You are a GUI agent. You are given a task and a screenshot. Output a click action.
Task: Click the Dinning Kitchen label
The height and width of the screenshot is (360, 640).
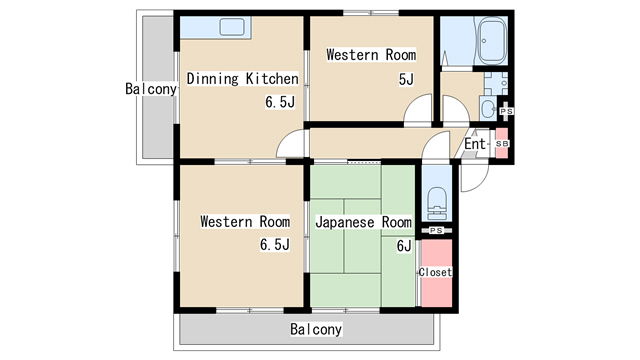pyautogui.click(x=242, y=79)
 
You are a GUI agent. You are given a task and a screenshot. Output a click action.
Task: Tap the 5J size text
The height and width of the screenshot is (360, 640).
pyautogui.click(x=406, y=79)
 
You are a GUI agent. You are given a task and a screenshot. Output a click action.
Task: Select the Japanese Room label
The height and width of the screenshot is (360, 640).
pyautogui.click(x=363, y=222)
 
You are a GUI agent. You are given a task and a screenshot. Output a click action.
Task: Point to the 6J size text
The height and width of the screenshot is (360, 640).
pyautogui.click(x=404, y=246)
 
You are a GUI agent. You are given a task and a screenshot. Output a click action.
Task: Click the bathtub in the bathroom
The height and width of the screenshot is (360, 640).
pyautogui.click(x=491, y=41)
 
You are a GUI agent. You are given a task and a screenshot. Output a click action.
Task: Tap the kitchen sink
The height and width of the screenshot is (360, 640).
pyautogui.click(x=232, y=27)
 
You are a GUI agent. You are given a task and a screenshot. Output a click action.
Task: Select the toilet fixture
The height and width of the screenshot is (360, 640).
pyautogui.click(x=437, y=204)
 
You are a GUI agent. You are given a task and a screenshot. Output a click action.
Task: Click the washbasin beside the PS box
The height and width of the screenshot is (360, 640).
pyautogui.click(x=488, y=109)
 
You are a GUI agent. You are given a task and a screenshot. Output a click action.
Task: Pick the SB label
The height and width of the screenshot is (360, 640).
pyautogui.click(x=502, y=144)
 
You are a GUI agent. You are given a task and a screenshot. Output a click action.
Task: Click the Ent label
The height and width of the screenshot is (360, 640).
pyautogui.click(x=475, y=144)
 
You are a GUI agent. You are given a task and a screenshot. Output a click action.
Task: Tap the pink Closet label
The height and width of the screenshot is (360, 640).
pyautogui.click(x=436, y=272)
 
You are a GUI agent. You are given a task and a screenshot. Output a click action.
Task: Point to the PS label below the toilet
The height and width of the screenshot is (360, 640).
pyautogui.click(x=436, y=231)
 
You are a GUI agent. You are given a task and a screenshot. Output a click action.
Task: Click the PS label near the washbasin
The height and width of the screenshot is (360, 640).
pyautogui.click(x=506, y=111)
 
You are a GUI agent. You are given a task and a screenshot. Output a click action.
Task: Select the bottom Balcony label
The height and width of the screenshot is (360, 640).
pyautogui.click(x=316, y=329)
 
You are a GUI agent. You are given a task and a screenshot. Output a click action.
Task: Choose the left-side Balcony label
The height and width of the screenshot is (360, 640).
pyautogui.click(x=151, y=89)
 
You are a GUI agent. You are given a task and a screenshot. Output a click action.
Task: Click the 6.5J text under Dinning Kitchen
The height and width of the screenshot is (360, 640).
pyautogui.click(x=280, y=102)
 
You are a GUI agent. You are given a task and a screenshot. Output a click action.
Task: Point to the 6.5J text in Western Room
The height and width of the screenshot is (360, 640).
pyautogui.click(x=275, y=244)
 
